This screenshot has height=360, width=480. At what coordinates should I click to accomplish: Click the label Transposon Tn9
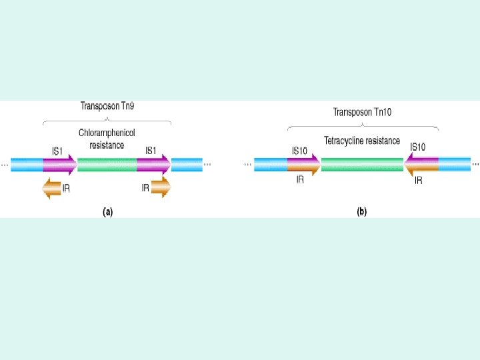tap(107, 106)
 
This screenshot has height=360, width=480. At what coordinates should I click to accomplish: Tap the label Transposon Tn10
tap(363, 112)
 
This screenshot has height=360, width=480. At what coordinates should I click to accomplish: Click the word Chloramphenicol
tap(107, 133)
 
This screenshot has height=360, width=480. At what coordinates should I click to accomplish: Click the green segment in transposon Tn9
tap(107, 165)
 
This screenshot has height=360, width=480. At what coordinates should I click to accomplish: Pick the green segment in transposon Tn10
tap(362, 164)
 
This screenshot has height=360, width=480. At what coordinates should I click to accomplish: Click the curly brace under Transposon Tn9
tap(107, 121)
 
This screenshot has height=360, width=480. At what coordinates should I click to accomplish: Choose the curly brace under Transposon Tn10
tap(363, 127)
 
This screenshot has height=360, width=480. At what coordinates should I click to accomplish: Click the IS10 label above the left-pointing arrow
tap(418, 147)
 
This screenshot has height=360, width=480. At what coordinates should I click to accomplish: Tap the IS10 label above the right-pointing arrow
tap(299, 151)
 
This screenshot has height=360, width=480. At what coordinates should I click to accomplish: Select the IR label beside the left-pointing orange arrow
tap(67, 189)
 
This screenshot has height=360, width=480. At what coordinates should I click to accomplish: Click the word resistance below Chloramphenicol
tap(107, 145)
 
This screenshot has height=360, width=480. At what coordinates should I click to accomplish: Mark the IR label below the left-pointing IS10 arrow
tap(418, 181)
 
